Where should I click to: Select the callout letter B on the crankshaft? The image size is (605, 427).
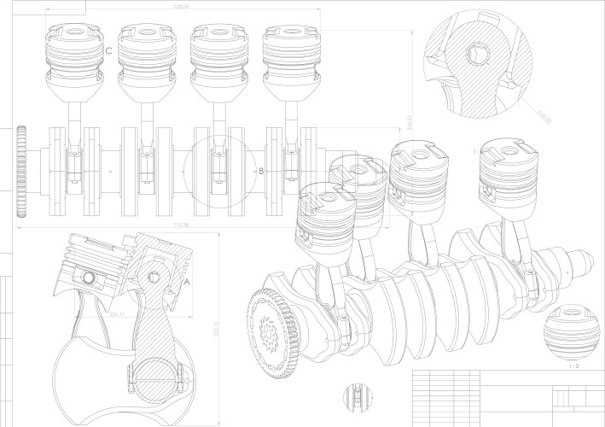(x=262, y=171)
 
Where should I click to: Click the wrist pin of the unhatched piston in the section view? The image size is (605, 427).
(x=88, y=278)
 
